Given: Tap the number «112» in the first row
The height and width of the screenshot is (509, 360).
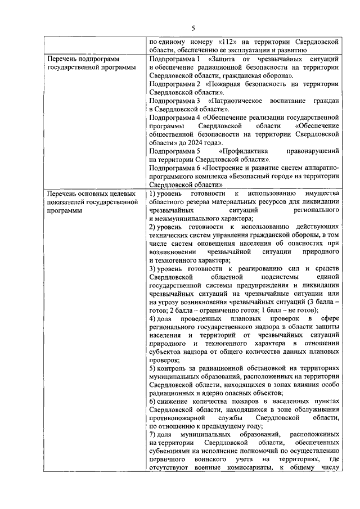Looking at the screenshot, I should point(227,42).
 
